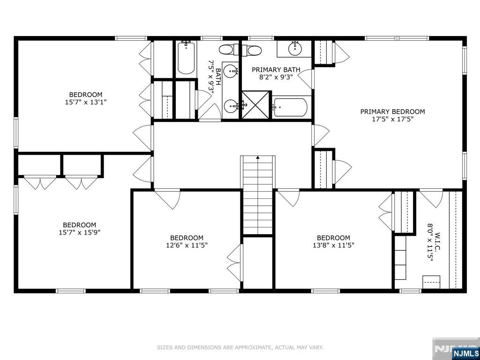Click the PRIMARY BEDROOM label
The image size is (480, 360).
[392, 112]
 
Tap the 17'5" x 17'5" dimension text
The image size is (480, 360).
[393, 120]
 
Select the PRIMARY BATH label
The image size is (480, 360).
[276, 70]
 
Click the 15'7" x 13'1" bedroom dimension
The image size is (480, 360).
[86, 102]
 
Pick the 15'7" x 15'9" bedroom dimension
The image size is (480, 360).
[80, 232]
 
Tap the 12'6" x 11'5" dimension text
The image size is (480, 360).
[187, 245]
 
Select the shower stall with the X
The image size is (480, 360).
[256, 105]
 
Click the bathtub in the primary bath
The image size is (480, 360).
[290, 107]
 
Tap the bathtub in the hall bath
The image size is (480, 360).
[186, 58]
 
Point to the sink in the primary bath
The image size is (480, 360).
[295, 47]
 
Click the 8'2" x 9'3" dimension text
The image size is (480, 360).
[276, 77]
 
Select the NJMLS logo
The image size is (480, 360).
[465, 353]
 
